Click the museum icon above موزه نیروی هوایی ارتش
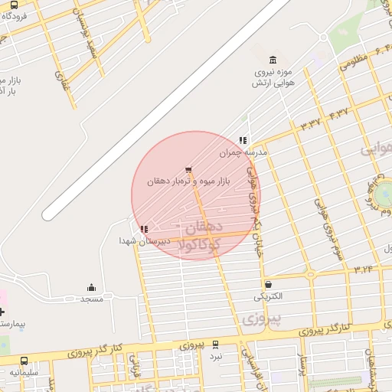point(273,60)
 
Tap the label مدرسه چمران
point(243,152)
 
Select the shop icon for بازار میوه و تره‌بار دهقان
point(188,170)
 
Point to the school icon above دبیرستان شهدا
point(144,229)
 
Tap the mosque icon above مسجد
point(92,288)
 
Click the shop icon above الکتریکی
point(267,284)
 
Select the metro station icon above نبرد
point(216,345)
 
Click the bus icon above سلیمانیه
point(24,361)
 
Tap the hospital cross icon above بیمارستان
point(2,312)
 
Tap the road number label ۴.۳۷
point(338,113)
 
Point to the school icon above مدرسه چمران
point(243,140)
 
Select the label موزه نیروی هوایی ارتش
point(273,77)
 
